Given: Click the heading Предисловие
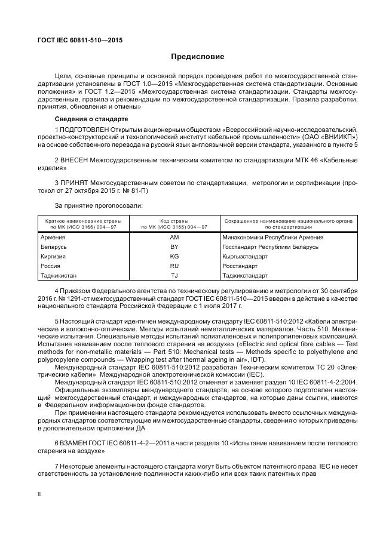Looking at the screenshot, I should click(197, 57).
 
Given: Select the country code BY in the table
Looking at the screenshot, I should click(174, 247).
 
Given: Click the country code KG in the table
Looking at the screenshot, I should click(174, 256).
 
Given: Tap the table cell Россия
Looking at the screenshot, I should click(51, 266).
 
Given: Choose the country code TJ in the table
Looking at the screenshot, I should click(174, 275).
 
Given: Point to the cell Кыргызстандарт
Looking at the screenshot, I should click(244, 256).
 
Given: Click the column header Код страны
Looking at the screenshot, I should click(174, 221).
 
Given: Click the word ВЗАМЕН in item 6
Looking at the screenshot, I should click(74, 444).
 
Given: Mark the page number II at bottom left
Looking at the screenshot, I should click(39, 494).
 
